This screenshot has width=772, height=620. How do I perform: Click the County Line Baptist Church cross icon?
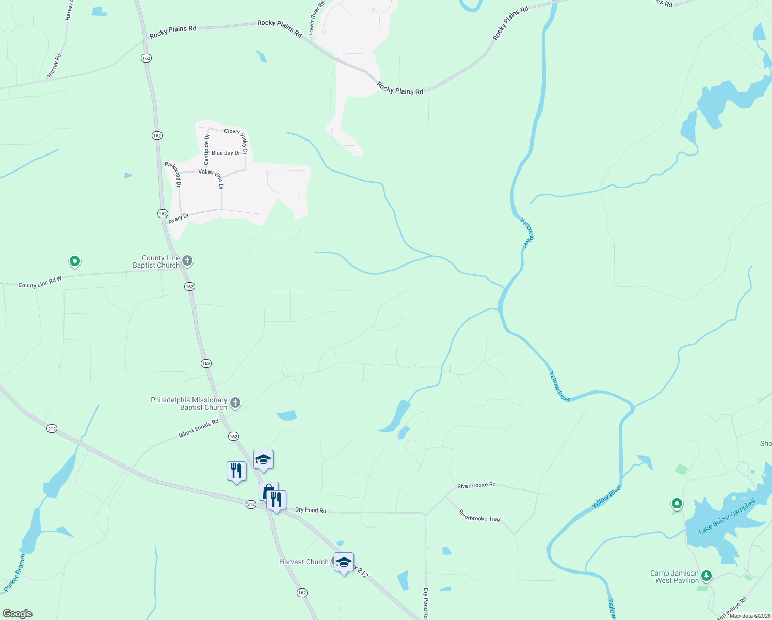click(188, 261)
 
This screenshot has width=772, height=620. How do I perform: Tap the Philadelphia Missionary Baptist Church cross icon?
click(235, 403)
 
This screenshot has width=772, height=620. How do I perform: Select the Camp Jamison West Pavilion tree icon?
click(706, 576)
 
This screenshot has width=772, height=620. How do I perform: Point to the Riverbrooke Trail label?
click(479, 515)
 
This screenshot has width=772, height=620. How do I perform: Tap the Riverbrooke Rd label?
click(476, 485)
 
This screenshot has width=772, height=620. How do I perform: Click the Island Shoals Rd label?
click(199, 428)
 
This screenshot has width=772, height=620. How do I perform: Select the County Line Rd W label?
click(40, 282)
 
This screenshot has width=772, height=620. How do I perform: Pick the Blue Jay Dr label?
click(226, 153)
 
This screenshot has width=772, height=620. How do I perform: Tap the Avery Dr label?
click(179, 219)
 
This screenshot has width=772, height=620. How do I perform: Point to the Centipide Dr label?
click(206, 149)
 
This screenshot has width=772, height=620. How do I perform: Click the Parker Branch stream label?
click(14, 573)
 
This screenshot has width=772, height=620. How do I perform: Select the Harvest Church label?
click(303, 562)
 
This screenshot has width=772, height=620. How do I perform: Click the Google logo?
click(18, 613)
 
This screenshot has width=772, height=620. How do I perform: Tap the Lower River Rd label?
click(316, 18)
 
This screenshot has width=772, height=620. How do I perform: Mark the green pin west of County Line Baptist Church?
click(75, 261)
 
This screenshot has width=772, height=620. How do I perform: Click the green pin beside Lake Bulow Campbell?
click(677, 503)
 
